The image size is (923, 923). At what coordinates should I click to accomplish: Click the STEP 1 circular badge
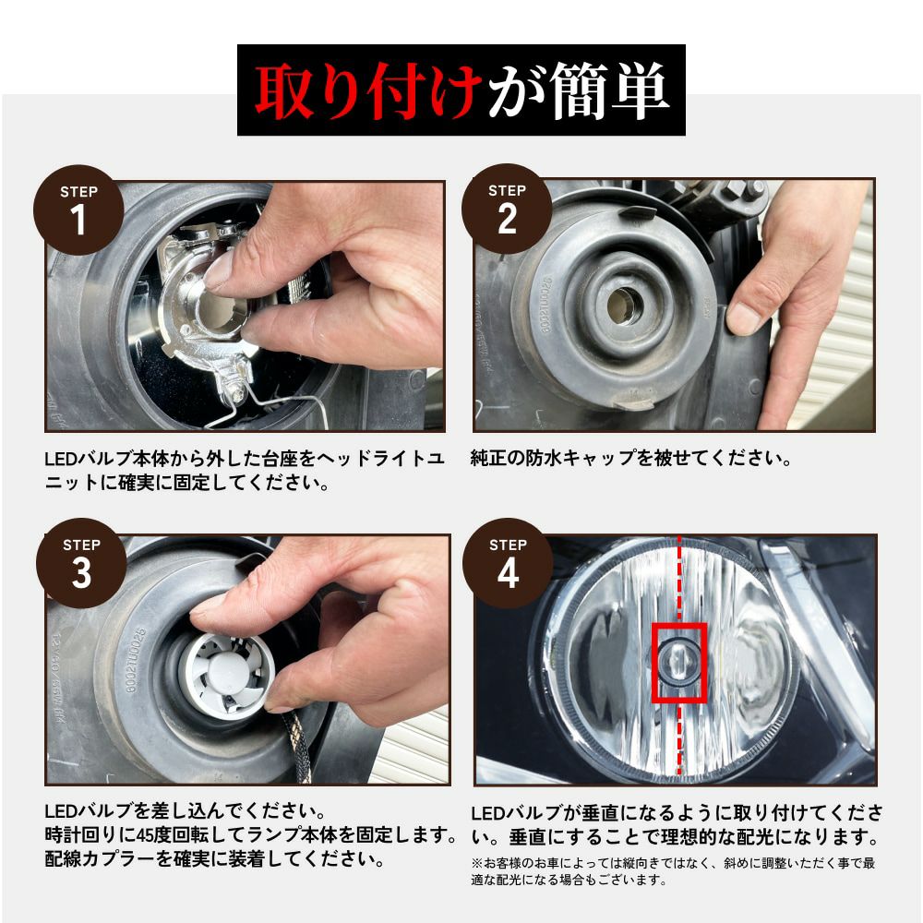point(78,210)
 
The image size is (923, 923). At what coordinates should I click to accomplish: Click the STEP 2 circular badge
point(507,210)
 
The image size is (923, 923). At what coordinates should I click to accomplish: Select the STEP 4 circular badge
point(508,563)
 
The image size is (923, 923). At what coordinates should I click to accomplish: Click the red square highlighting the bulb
point(679,661)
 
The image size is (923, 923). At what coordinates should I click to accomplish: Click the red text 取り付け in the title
point(368,90)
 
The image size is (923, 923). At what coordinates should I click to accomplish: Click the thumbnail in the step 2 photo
point(743,319)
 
